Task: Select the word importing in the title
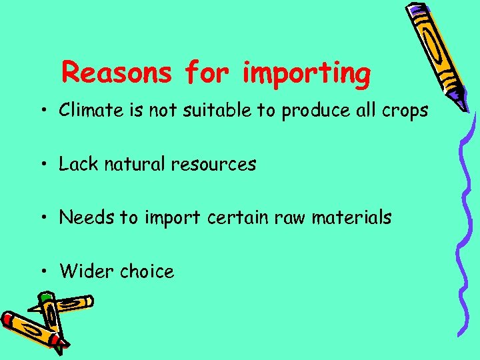coord(307,73)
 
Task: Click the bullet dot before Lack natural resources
coord(42,165)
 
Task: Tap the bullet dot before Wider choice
coord(42,272)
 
